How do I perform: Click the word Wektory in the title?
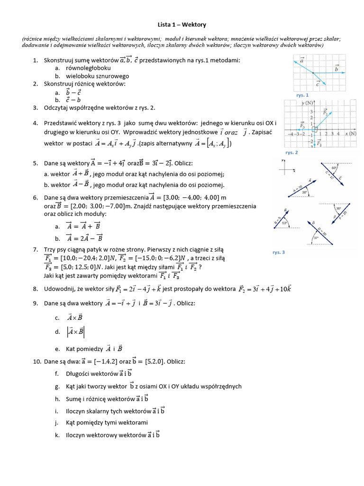[x=195, y=24]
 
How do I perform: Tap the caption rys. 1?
[x=302, y=95]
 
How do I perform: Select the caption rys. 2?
[x=291, y=153]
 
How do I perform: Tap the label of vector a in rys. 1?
[x=302, y=61]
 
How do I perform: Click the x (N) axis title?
[x=350, y=133]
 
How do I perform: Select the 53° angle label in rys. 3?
[x=285, y=223]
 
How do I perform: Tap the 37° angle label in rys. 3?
[x=316, y=238]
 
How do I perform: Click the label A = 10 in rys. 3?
[x=297, y=187]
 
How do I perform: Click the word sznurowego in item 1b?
[x=113, y=76]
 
